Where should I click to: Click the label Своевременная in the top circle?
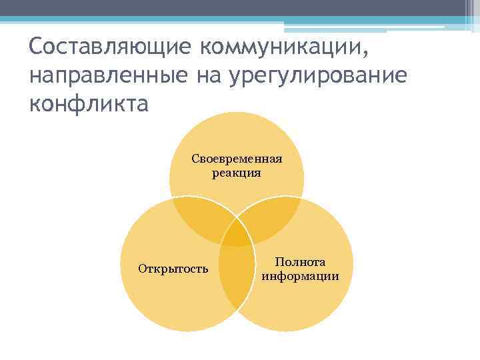pyautogui.click(x=237, y=159)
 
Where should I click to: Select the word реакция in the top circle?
pyautogui.click(x=237, y=173)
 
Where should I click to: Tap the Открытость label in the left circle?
pyautogui.click(x=173, y=269)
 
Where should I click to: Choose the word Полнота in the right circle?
pyautogui.click(x=300, y=263)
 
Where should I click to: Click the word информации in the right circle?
pyautogui.click(x=300, y=276)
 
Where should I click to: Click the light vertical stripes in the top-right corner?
pyautogui.click(x=469, y=13)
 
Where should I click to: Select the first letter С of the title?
pyautogui.click(x=36, y=47)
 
